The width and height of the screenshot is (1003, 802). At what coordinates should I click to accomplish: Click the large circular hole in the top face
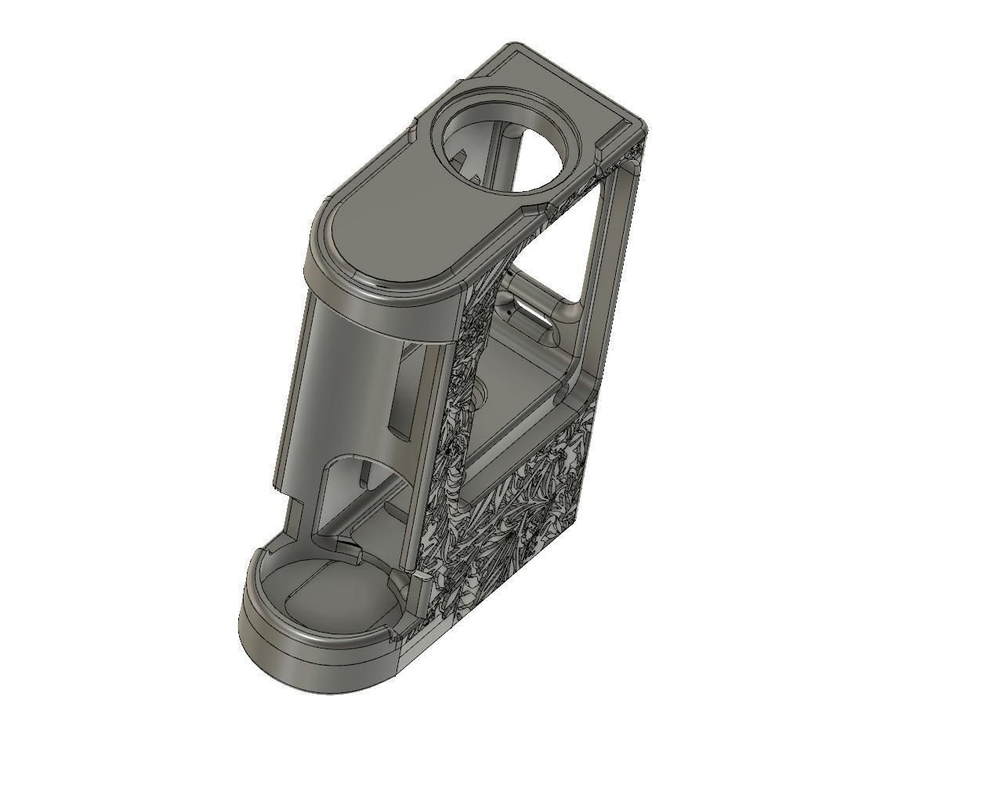click(508, 146)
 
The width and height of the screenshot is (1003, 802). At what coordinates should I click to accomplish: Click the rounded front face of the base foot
click(313, 666)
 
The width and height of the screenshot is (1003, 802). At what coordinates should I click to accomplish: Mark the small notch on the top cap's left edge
click(411, 130)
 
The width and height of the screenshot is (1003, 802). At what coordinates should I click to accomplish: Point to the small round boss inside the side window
click(480, 392)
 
